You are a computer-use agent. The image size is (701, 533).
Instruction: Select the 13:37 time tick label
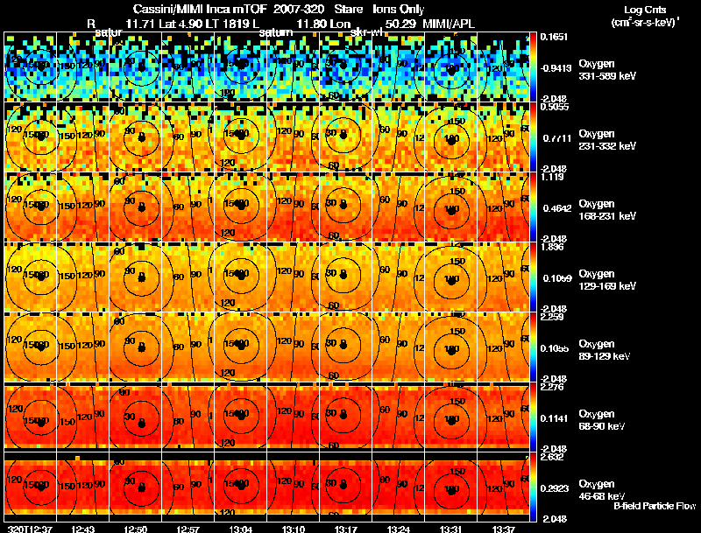(x=505, y=529)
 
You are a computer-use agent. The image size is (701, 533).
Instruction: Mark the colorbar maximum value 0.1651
(x=554, y=38)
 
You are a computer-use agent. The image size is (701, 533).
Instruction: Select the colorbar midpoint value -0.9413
(x=556, y=67)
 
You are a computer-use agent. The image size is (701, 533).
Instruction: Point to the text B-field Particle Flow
(x=655, y=507)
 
